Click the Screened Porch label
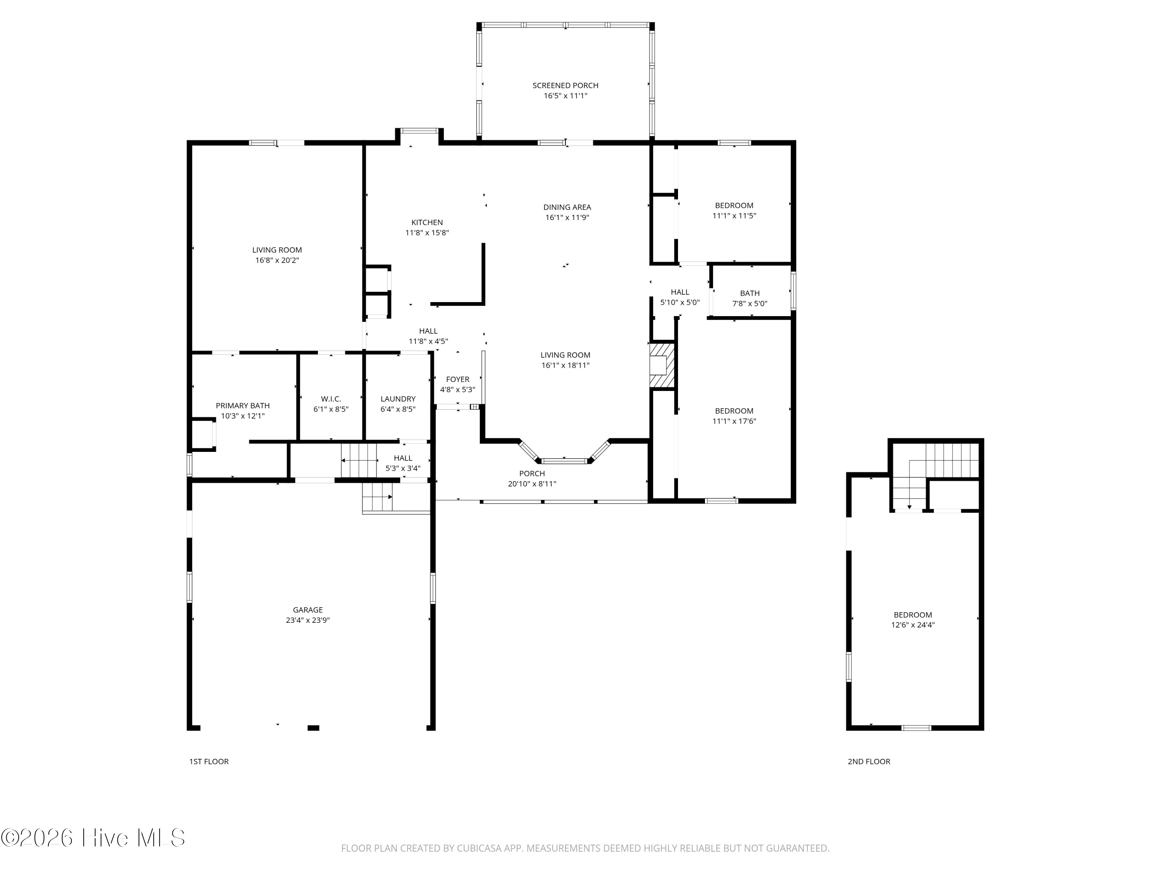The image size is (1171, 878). [x=565, y=85]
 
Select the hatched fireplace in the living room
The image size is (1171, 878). [x=662, y=365]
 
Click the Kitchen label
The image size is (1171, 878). [x=427, y=222]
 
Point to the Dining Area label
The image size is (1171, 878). [x=567, y=207]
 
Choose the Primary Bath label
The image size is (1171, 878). [x=242, y=405]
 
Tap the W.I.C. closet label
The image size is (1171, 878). [x=331, y=398]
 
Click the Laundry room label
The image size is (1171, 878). [x=398, y=398]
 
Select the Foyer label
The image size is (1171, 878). [x=457, y=379]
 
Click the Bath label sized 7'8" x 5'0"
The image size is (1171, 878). [x=749, y=293]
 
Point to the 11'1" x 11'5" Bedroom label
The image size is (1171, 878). [x=734, y=205]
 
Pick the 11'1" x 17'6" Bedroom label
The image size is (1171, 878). [x=734, y=411]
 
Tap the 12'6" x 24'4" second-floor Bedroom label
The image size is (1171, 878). [x=913, y=615]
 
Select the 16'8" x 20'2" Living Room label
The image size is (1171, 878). [x=277, y=250]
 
